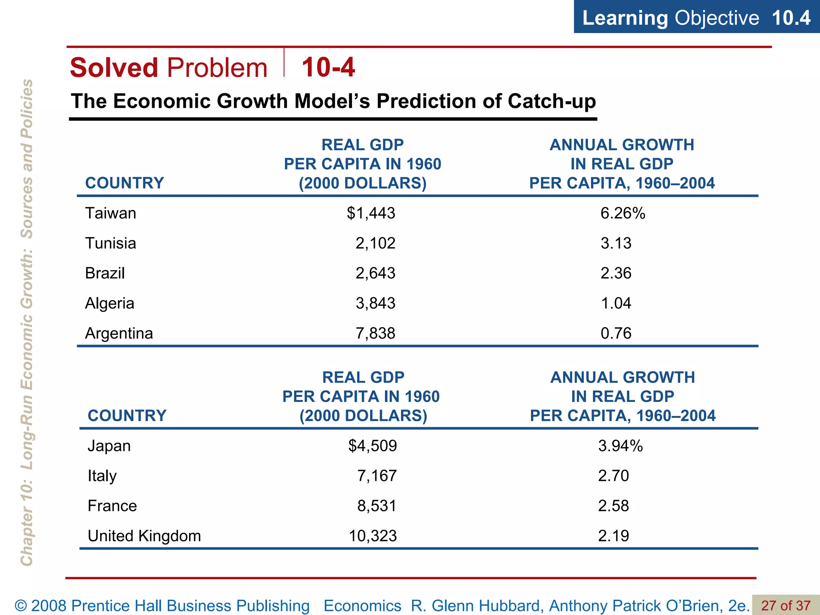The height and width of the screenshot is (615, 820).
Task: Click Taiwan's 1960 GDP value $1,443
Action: click(x=371, y=213)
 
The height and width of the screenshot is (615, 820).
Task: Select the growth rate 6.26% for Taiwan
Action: click(x=623, y=213)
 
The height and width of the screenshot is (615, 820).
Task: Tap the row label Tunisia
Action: click(x=111, y=243)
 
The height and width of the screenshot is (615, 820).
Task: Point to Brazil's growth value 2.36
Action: click(x=616, y=273)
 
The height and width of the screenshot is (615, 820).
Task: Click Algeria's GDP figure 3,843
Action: click(x=375, y=303)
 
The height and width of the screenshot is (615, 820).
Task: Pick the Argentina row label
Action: click(x=119, y=333)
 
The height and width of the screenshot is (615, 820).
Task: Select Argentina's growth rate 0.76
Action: click(x=616, y=333)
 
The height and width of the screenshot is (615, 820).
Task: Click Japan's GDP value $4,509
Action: click(x=372, y=446)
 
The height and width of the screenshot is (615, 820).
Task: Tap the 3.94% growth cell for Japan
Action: click(x=620, y=446)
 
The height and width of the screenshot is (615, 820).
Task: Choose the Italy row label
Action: click(x=102, y=476)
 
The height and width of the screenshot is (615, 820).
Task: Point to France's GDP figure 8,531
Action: click(x=376, y=506)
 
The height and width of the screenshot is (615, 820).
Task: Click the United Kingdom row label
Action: click(x=144, y=536)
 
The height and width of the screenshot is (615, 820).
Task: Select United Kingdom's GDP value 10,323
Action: click(x=372, y=536)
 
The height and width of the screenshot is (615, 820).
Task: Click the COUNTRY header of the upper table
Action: click(x=125, y=183)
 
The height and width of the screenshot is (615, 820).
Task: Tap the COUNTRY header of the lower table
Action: click(x=127, y=416)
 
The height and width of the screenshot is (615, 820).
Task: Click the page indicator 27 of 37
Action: click(x=786, y=605)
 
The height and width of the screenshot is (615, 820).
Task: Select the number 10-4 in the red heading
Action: click(x=328, y=67)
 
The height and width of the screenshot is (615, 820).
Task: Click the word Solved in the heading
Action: click(x=114, y=67)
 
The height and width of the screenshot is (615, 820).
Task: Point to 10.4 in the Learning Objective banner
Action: click(x=791, y=18)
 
